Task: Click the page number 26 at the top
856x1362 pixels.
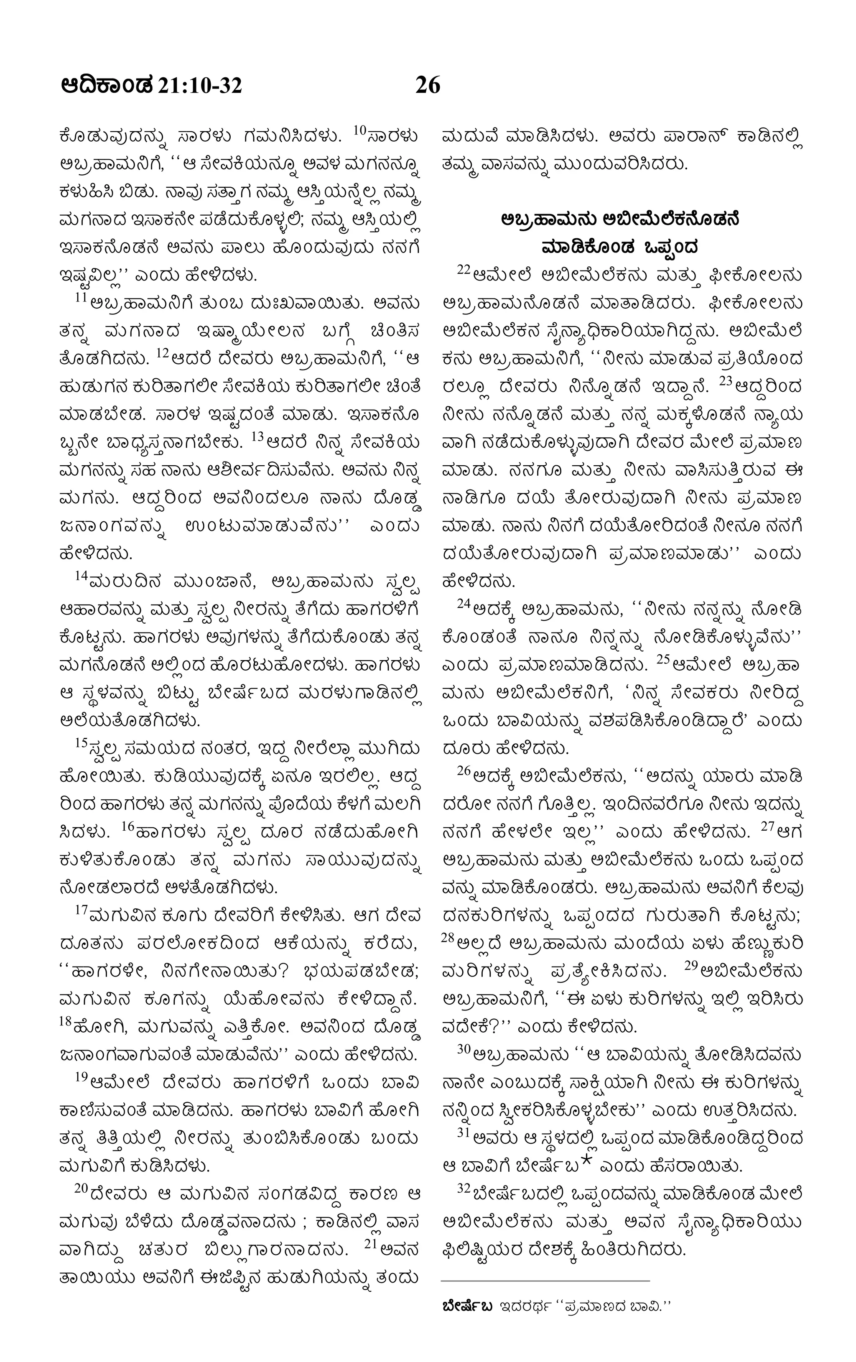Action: (428, 85)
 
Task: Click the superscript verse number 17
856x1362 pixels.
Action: (82, 910)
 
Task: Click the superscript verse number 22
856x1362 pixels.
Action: (464, 270)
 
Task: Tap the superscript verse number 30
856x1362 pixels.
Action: (464, 1049)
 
